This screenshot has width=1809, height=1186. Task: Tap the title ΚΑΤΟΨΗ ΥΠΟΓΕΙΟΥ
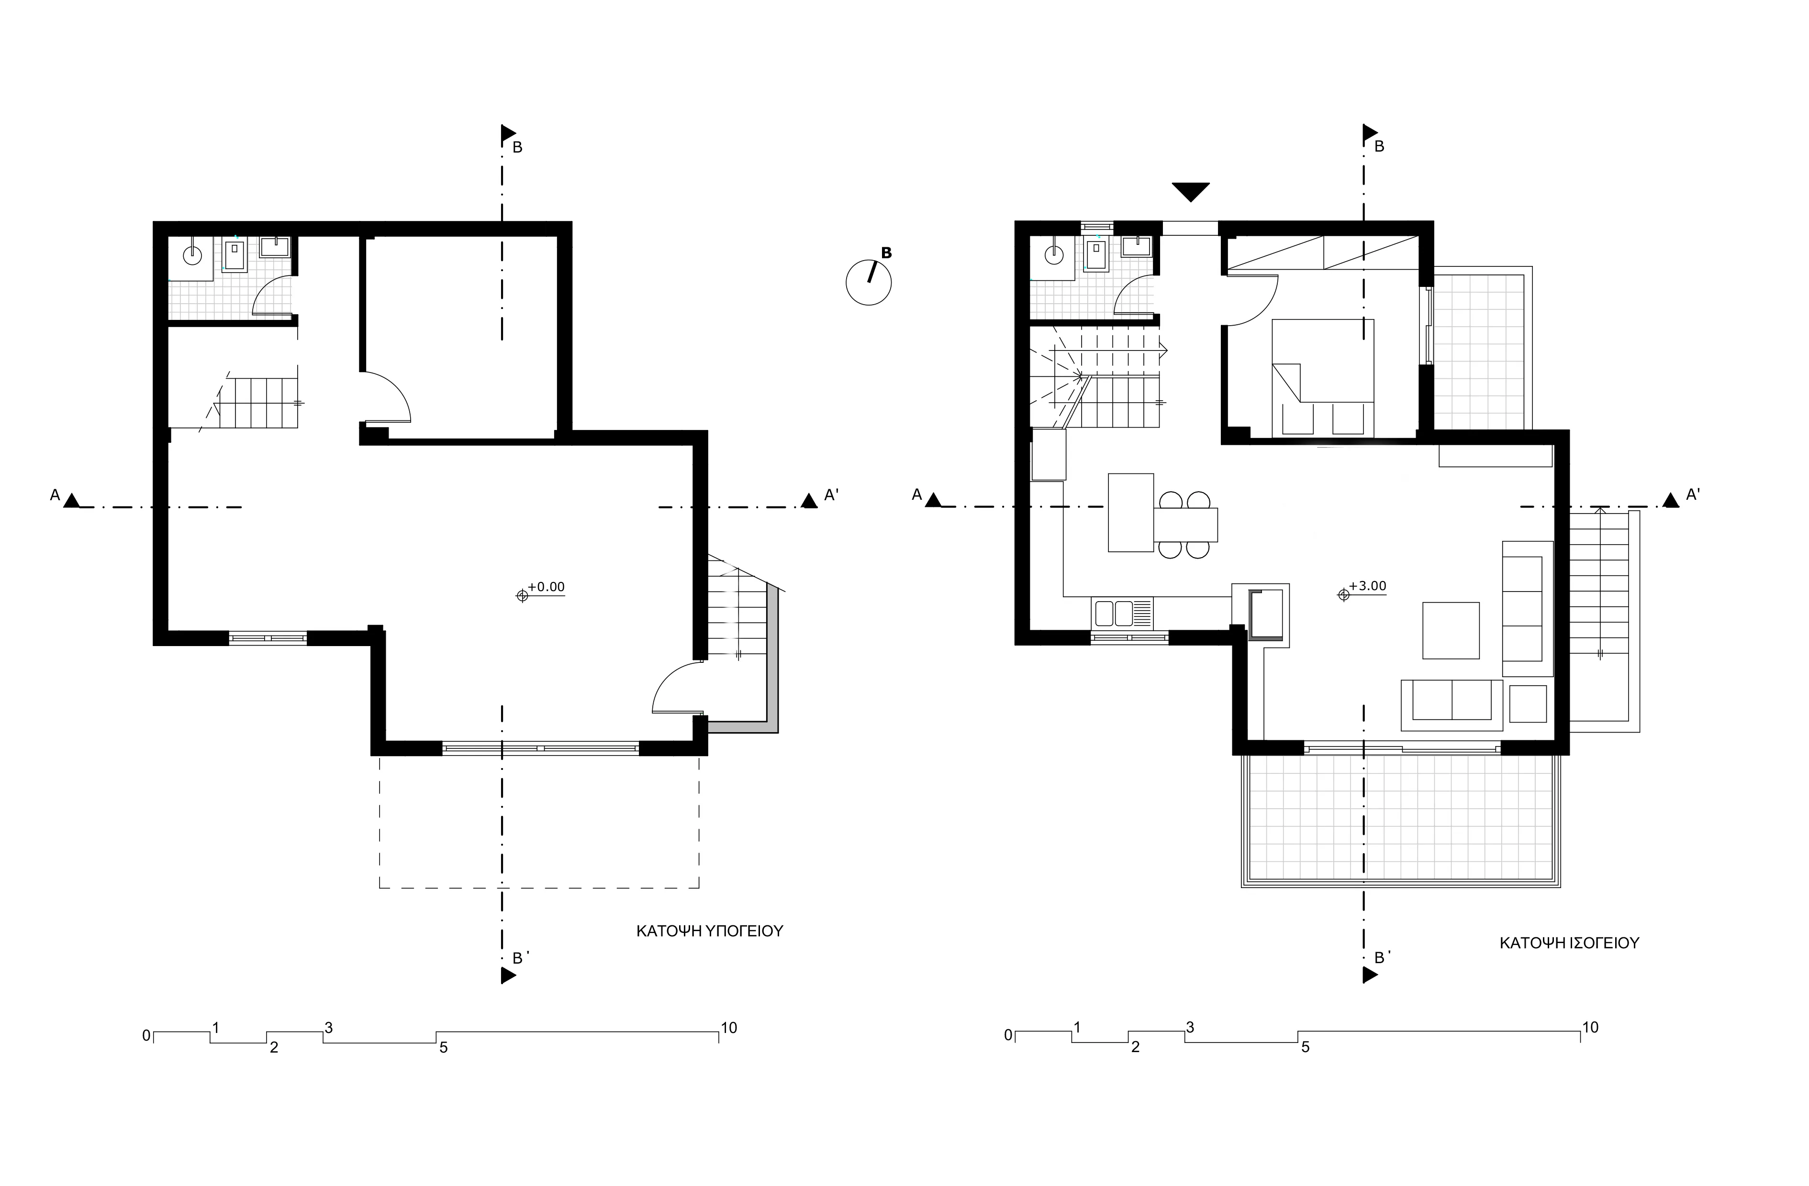[709, 932]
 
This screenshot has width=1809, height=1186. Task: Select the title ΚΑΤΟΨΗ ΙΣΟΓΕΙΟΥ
[1569, 944]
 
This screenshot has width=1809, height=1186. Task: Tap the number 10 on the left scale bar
[729, 1028]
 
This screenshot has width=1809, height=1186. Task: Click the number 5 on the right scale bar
[1305, 1048]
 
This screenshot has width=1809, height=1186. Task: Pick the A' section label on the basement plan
[832, 495]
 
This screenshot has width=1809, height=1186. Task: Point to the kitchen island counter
[1131, 512]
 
